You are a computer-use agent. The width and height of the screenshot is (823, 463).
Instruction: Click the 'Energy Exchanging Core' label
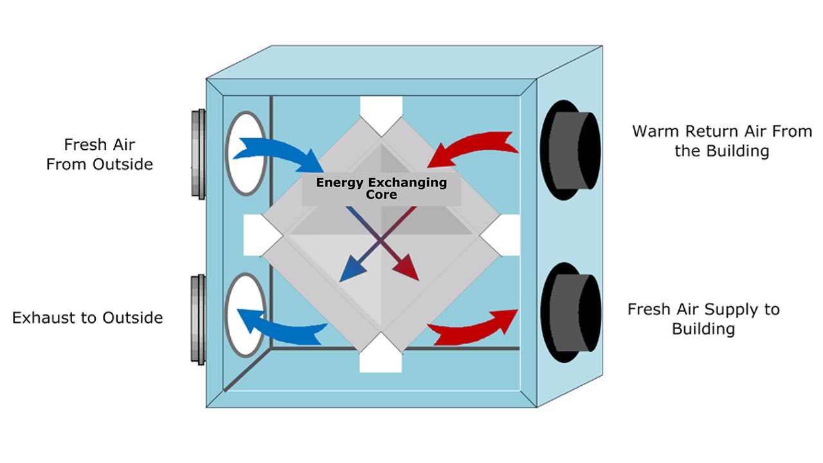tap(381, 188)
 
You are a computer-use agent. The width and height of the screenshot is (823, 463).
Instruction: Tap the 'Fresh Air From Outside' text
tap(100, 154)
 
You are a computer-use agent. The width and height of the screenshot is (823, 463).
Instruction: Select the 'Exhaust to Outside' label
tap(87, 318)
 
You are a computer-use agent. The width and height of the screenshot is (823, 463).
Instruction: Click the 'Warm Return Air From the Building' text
tap(721, 141)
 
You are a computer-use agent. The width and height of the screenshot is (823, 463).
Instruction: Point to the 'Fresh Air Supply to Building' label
tap(703, 319)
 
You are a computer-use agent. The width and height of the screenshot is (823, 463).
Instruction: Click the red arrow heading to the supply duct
tap(473, 327)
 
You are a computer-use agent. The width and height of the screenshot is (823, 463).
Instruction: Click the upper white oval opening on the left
tap(246, 153)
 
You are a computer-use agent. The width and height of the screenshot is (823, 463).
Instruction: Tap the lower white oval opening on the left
tap(246, 315)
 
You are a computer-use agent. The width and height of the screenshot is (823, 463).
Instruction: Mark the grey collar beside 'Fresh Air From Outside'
tap(198, 153)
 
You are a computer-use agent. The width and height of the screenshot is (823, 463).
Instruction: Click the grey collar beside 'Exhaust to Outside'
tap(198, 320)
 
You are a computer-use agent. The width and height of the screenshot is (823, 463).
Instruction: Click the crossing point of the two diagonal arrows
tap(381, 241)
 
